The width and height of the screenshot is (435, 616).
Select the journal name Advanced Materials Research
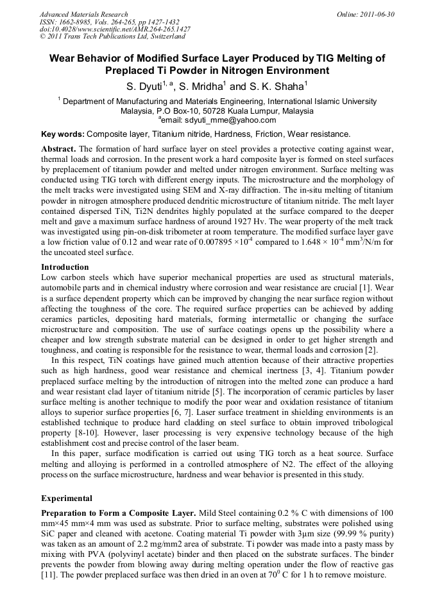83,14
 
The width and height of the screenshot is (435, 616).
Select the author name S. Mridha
201,86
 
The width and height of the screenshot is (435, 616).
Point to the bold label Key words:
62,134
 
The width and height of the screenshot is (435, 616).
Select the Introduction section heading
65,267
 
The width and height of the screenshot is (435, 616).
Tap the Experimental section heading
67,498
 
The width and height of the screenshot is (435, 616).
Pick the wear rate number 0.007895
228,242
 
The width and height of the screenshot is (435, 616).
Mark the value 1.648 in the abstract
323,242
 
